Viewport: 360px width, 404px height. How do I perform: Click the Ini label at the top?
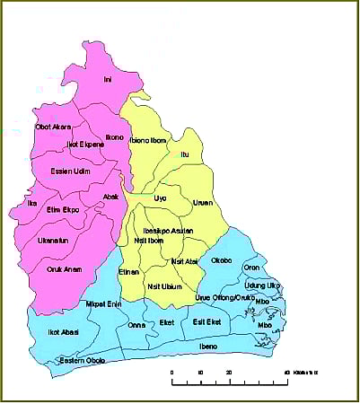tap(109, 78)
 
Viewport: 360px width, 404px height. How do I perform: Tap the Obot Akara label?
tap(53, 127)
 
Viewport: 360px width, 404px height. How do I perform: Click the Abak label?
tap(110, 196)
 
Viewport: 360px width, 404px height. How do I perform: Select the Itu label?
tap(185, 154)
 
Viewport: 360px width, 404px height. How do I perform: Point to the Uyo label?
tap(161, 196)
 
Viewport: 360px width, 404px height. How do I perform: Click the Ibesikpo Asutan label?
tap(167, 229)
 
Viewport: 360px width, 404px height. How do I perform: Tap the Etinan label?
tap(129, 270)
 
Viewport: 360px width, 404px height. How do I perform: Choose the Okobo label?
tap(221, 260)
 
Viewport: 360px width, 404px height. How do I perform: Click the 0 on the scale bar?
tap(172, 372)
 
